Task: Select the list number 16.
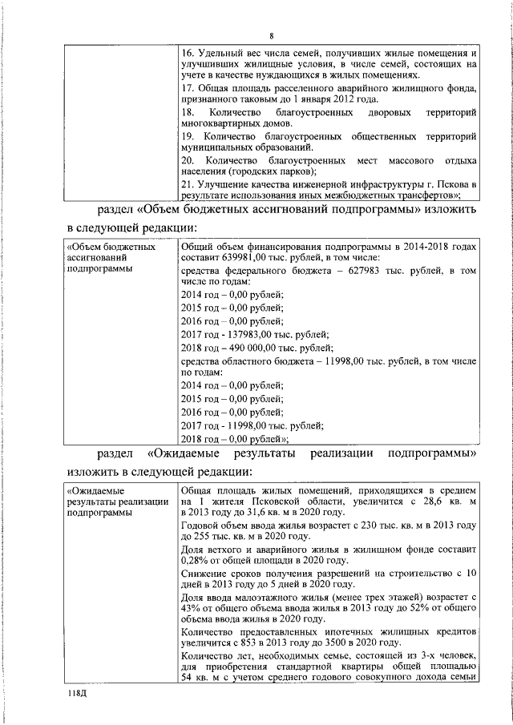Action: pyautogui.click(x=189, y=53)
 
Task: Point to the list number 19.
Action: pyautogui.click(x=189, y=136)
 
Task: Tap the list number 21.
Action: pyautogui.click(x=189, y=183)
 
